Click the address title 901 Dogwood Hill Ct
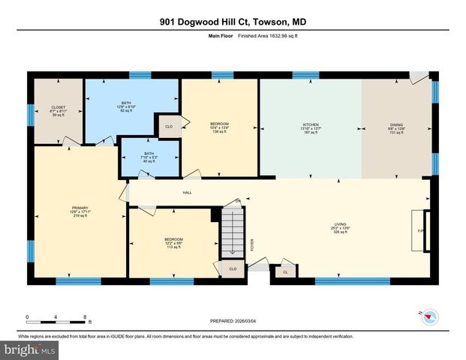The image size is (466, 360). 233,22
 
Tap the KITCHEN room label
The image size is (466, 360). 311,127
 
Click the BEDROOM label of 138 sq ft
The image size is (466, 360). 219,127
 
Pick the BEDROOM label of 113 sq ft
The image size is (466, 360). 173,243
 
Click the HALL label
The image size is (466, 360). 188,192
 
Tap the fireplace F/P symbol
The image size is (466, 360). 422,231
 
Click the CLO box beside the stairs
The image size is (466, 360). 233,268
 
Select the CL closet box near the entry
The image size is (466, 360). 285,272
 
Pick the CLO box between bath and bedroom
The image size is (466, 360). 168,127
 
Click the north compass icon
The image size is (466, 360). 429,317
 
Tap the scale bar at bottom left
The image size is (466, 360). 56,321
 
